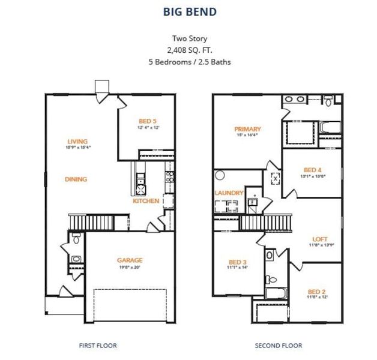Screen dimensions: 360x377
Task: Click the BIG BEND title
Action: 189,11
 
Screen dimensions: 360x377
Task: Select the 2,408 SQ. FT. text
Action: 189,50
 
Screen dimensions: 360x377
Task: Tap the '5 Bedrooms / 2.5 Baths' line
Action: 189,61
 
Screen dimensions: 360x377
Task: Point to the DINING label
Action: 76,179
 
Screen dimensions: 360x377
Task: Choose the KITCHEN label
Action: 146,201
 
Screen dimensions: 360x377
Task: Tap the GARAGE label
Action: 129,260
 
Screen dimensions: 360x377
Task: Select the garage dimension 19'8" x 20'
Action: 129,267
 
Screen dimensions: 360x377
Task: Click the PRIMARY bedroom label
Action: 247,129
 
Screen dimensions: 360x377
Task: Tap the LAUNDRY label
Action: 229,193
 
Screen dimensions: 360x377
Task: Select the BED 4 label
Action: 313,169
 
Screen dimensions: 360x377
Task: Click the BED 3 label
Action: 238,262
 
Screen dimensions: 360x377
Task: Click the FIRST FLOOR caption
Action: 98,345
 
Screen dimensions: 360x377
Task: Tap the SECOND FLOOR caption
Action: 279,345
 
